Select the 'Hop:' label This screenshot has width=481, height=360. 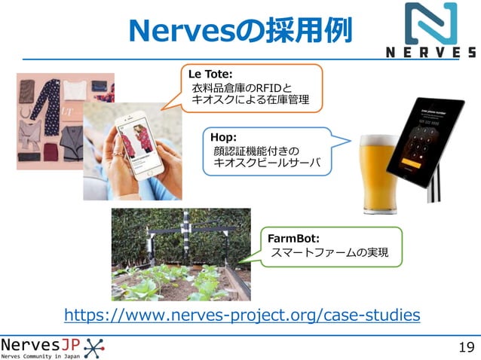[x=225, y=137]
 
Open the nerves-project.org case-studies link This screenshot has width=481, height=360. [x=242, y=314]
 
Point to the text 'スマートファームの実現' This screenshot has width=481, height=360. [x=329, y=253]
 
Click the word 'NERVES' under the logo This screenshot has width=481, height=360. [x=430, y=53]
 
